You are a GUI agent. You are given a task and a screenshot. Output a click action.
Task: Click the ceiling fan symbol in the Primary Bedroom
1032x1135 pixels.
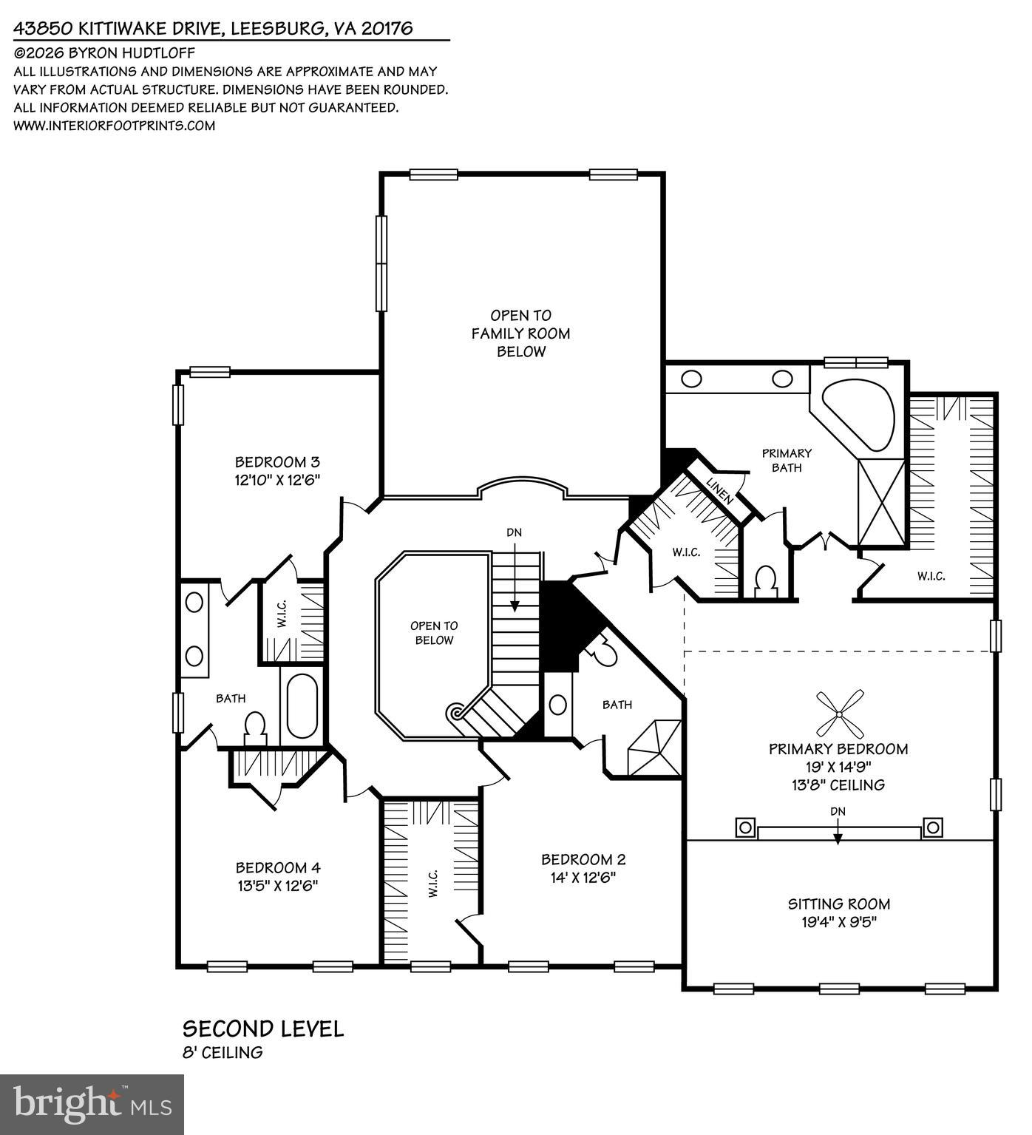(x=839, y=714)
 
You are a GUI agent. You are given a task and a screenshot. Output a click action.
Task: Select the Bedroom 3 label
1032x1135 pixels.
(x=277, y=461)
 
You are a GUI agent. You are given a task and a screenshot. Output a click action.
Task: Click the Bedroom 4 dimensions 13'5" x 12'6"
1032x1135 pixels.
(x=277, y=886)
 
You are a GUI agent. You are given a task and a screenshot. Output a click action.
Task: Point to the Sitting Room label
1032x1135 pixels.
(x=838, y=904)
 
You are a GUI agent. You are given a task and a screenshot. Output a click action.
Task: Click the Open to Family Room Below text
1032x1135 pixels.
(x=521, y=333)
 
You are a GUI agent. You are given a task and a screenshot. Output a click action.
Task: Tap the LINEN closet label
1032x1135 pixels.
(x=719, y=491)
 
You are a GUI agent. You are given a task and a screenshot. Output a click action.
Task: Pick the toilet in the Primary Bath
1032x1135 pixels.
(x=765, y=581)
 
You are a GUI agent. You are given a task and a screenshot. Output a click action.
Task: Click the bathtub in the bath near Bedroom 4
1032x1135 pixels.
(x=301, y=705)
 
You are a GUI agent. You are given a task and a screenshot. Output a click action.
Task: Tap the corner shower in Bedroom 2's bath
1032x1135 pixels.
(x=654, y=748)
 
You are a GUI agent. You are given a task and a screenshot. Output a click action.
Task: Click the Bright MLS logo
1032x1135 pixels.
(x=92, y=1105)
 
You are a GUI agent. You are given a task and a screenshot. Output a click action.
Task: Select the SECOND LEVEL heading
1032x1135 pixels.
(x=263, y=1029)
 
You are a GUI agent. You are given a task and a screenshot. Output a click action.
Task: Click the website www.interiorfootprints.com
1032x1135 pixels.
(x=115, y=126)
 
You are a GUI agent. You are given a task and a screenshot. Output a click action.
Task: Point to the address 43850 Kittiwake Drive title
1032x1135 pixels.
(x=213, y=28)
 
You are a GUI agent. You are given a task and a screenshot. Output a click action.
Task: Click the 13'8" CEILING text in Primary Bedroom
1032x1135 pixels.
(x=838, y=785)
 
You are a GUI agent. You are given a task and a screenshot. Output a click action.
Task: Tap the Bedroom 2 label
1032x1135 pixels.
(x=583, y=859)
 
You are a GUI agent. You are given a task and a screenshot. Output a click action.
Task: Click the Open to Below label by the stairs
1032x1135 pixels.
(x=434, y=633)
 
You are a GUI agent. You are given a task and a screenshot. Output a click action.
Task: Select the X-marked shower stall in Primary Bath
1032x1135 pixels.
(x=881, y=503)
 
